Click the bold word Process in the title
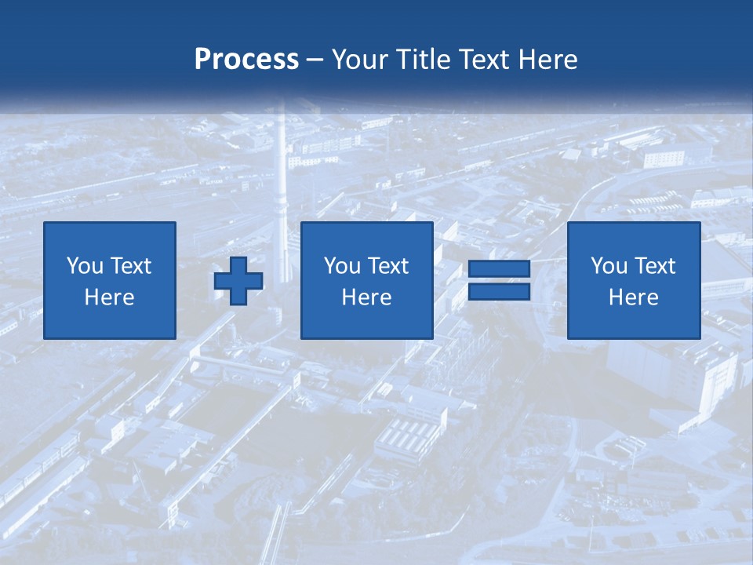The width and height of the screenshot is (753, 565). click(246, 60)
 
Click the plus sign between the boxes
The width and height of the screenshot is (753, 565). click(238, 281)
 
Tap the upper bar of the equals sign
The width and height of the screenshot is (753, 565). click(499, 269)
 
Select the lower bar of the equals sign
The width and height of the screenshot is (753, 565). click(499, 292)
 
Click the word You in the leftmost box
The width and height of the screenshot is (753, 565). click(85, 266)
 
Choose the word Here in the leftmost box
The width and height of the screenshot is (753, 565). click(109, 297)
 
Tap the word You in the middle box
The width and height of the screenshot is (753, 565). click(342, 266)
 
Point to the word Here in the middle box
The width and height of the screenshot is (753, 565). click(366, 297)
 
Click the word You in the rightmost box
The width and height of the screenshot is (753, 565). click(609, 266)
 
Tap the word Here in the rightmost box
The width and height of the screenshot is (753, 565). click(633, 297)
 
